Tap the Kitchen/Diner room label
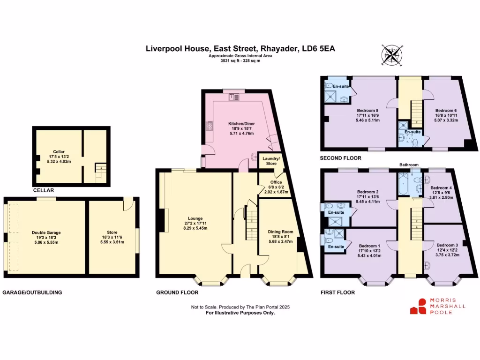[241, 124]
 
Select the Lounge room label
[195, 218]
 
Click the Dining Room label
[280, 232]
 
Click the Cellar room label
[59, 152]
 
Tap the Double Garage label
[46, 232]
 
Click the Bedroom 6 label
[445, 110]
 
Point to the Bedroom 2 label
[367, 192]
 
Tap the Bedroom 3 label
[447, 245]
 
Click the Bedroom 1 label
[369, 246]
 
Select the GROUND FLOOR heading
[177, 292]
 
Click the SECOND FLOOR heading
[340, 158]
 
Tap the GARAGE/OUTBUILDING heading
[32, 292]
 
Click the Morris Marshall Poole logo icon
[419, 307]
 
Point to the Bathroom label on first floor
[409, 165]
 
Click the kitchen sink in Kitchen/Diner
[234, 97]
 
